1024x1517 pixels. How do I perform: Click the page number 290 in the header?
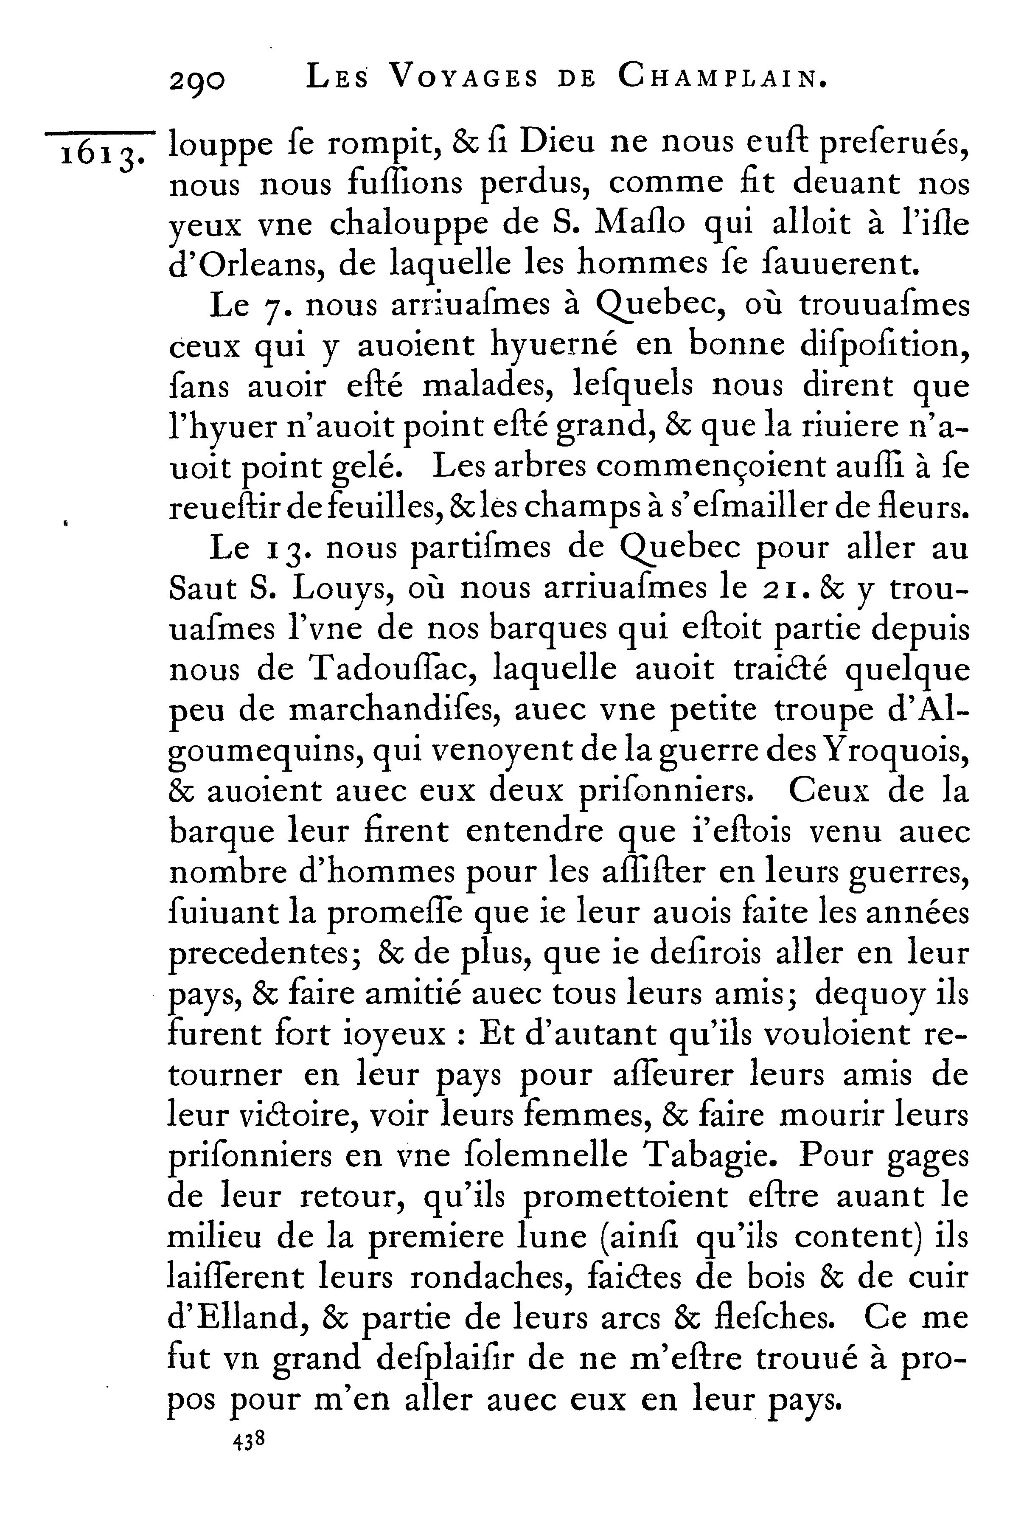(197, 81)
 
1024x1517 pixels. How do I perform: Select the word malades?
(486, 386)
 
